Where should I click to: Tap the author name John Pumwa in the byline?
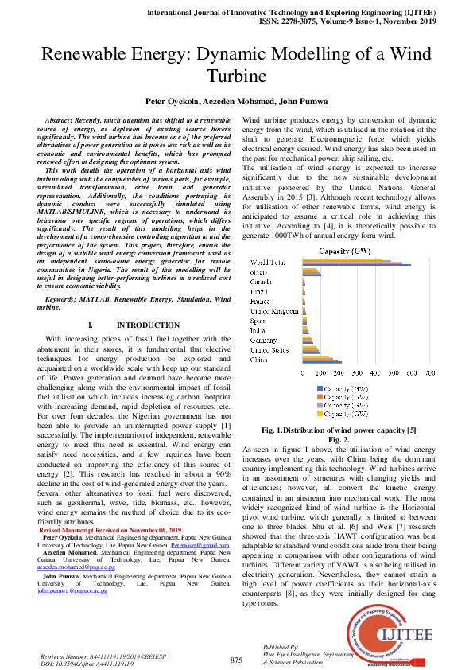(x=300, y=102)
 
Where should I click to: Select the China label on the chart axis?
(x=259, y=360)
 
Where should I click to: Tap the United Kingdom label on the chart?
(x=274, y=311)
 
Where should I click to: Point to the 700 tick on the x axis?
(x=429, y=372)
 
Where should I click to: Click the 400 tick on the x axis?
(x=375, y=372)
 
